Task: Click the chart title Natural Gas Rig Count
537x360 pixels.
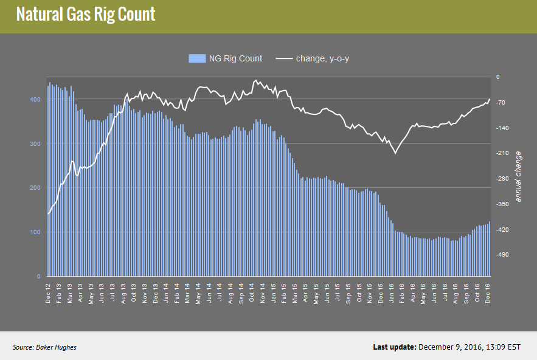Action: point(86,15)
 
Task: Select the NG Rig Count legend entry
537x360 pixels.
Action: point(226,58)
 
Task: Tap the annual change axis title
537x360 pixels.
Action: point(518,177)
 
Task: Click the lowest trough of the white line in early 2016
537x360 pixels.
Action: point(395,153)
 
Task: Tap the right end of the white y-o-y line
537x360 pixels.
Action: point(490,99)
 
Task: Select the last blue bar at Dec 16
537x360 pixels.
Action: point(490,249)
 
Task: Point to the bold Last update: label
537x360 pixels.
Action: point(393,347)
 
